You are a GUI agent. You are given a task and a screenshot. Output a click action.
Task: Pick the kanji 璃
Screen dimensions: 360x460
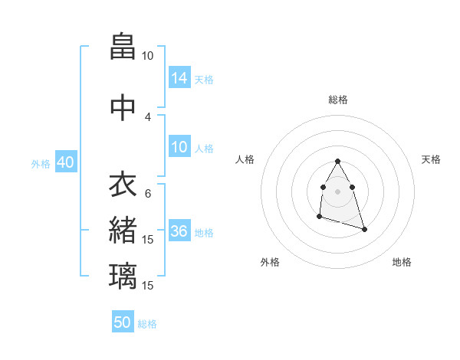123,275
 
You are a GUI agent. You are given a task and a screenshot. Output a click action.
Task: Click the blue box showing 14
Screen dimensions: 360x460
179,77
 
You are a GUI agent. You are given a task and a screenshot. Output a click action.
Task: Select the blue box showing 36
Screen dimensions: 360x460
179,232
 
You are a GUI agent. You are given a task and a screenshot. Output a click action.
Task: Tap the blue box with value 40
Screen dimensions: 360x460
65,163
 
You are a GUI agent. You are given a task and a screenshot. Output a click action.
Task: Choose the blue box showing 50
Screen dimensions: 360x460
123,322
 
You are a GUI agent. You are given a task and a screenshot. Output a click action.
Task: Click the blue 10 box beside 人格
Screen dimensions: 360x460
179,147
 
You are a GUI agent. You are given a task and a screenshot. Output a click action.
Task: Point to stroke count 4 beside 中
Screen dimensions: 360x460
147,116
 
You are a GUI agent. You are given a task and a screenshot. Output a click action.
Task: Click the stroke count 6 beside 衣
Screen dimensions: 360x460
147,193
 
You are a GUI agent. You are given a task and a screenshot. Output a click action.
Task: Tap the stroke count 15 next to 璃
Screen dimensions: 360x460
148,285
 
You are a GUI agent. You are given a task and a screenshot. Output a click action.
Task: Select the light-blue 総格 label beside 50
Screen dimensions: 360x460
147,324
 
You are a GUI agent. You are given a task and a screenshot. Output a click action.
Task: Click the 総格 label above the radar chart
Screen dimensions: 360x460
337,100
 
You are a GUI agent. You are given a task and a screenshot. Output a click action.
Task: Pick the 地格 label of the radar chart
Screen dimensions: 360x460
402,262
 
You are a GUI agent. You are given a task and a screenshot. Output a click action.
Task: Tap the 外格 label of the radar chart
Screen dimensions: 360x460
270,262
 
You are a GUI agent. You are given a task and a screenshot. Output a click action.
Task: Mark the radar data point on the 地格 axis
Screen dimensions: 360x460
364,229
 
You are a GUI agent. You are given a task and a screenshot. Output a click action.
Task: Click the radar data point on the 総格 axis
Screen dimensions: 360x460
337,162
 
